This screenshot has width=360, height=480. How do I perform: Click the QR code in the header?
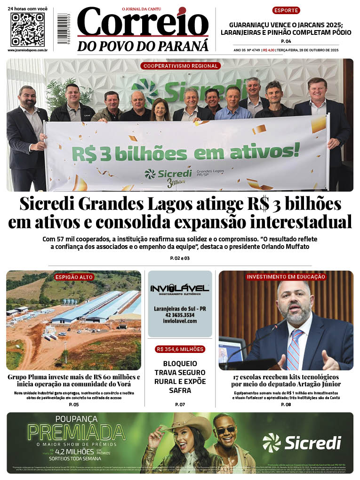point(27,30)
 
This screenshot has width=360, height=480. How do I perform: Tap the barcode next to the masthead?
point(63,30)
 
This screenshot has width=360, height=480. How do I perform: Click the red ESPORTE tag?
point(286,10)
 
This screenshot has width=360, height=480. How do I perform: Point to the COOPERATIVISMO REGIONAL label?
point(181,66)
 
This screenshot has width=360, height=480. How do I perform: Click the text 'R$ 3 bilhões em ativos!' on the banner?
point(185,152)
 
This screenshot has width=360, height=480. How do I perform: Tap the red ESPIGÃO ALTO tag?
point(74,277)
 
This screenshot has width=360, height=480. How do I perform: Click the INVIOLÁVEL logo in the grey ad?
point(180,288)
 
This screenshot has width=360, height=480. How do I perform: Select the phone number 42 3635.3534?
point(180,315)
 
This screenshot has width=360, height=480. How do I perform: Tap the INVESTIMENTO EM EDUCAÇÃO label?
point(286,277)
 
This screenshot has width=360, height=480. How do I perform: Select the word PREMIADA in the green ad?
point(77,432)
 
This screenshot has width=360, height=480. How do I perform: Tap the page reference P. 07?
point(180,405)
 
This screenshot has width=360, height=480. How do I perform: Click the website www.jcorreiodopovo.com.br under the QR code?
point(27,50)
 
